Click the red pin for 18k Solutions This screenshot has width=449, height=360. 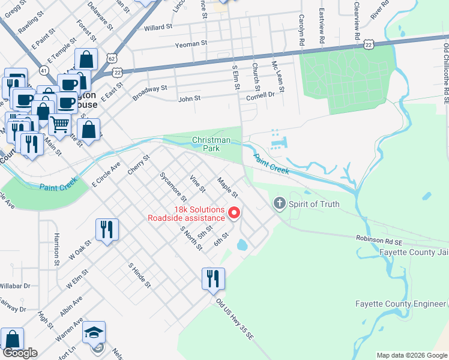pos(235,213)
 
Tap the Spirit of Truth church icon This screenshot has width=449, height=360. pos(279,204)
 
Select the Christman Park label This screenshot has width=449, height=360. pos(211,143)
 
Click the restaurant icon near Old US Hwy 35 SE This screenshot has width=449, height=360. pos(213,278)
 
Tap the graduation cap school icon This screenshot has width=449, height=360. pos(94,334)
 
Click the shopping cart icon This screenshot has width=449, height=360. pos(59,125)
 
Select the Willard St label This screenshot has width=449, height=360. pos(158,27)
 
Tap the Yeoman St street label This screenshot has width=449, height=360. pos(190,43)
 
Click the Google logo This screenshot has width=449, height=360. pos(19,353)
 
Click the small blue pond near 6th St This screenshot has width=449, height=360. pos(243,245)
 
